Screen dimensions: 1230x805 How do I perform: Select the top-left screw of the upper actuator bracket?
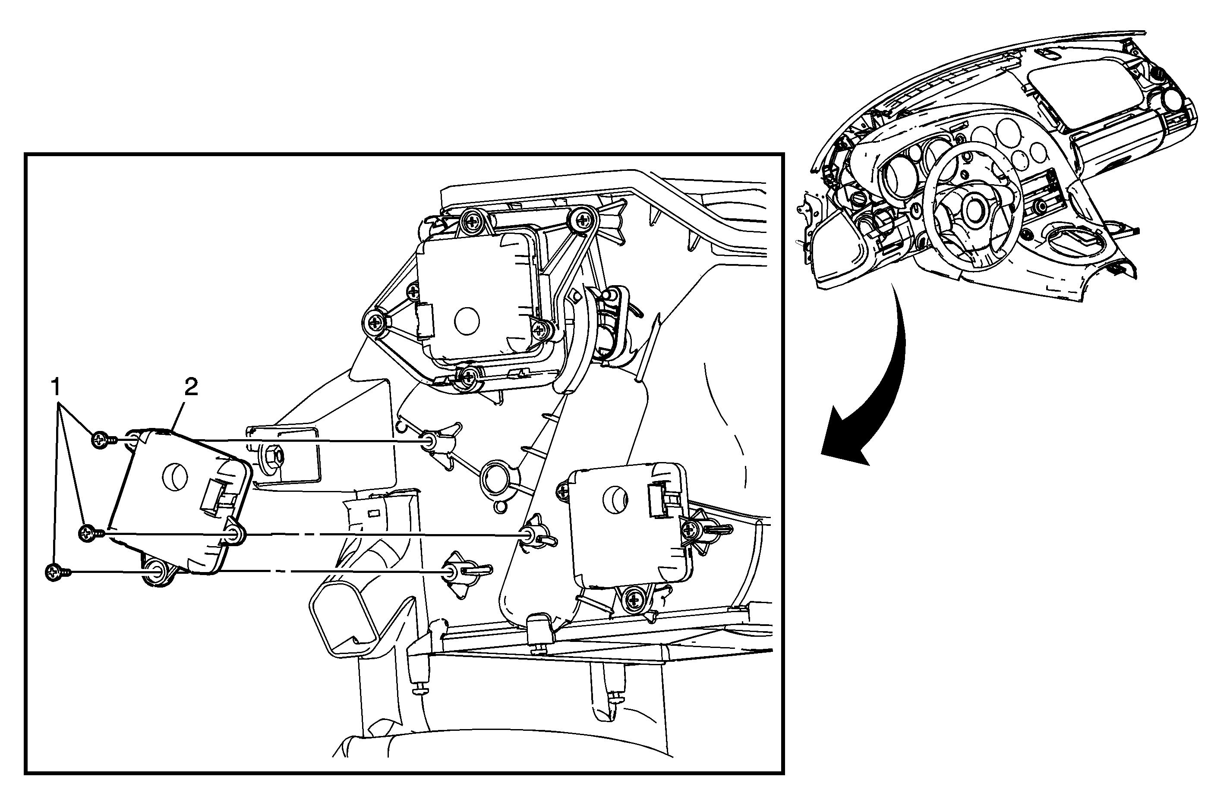[471, 220]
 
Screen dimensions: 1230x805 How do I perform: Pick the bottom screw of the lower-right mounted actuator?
[634, 600]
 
